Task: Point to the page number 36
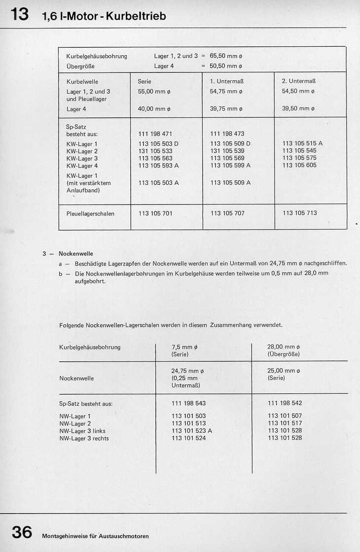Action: (22, 533)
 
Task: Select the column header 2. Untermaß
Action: (299, 81)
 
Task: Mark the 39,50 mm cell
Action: (298, 108)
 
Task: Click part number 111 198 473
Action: (227, 134)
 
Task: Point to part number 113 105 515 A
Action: (302, 143)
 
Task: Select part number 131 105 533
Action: (155, 151)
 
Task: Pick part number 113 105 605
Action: (299, 166)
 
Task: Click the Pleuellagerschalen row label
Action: (90, 213)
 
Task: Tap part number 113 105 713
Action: (299, 213)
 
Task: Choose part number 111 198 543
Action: (188, 403)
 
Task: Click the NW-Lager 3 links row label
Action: (82, 431)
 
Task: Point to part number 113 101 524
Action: (188, 438)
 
